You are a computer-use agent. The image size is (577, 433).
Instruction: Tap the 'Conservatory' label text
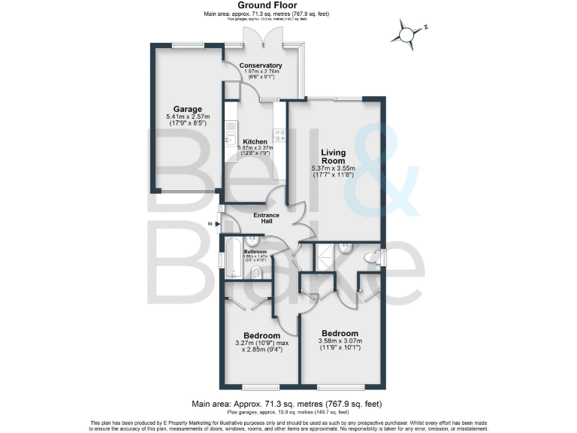coord(260,65)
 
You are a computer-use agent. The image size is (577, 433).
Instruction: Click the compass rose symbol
coord(406,35)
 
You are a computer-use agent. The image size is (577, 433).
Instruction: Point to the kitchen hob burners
coord(279,136)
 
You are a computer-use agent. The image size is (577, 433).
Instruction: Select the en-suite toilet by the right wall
coord(370,258)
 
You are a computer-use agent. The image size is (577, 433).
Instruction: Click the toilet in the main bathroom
coord(257,273)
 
